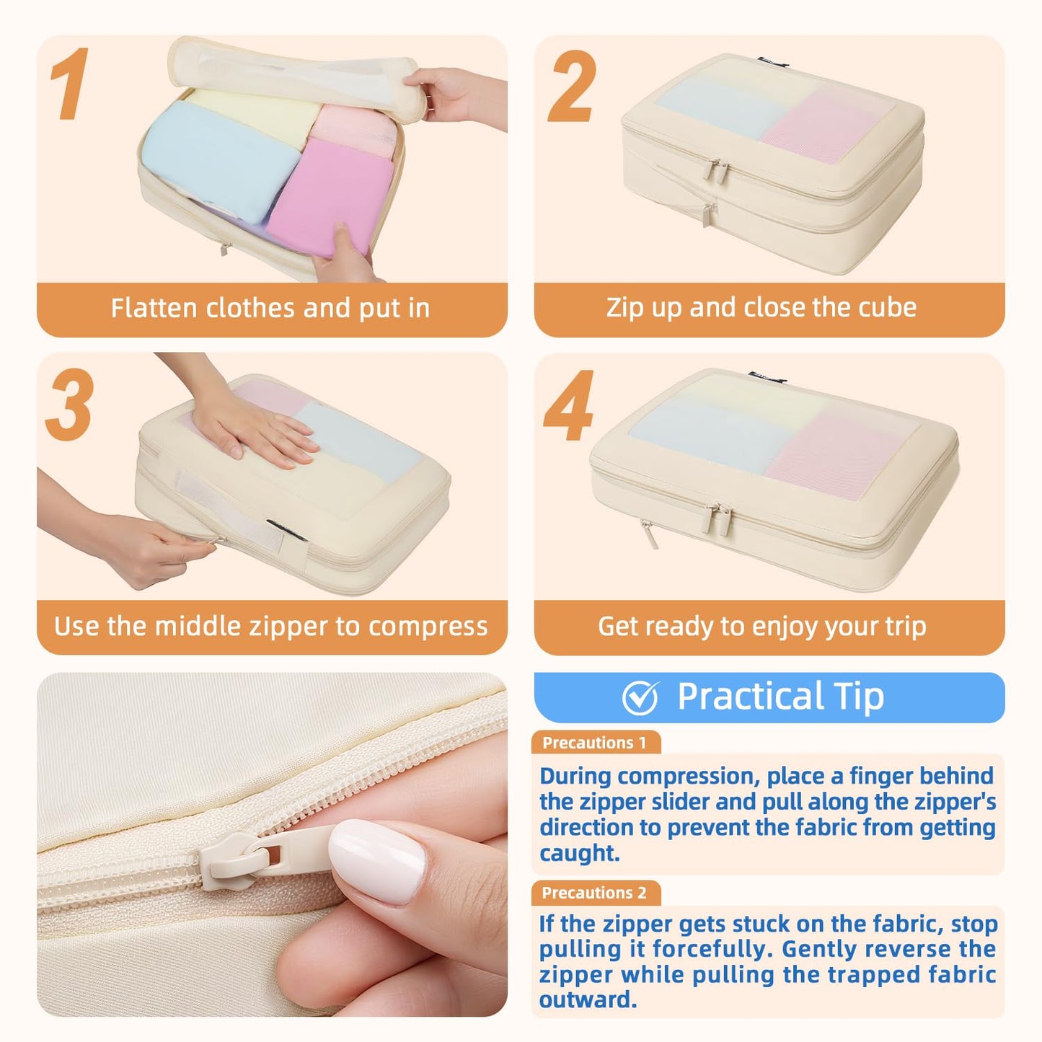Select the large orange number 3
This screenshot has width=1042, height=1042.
tap(70, 404)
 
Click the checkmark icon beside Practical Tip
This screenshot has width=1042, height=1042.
tap(640, 697)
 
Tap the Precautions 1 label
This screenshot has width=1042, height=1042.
tap(594, 743)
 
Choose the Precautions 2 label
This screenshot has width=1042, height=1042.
tap(594, 892)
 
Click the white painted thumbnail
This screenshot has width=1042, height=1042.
tap(377, 862)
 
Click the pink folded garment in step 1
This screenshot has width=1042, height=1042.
tap(331, 199)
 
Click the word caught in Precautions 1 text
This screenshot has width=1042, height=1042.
tap(580, 853)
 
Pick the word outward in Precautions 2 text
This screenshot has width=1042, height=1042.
tap(588, 999)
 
